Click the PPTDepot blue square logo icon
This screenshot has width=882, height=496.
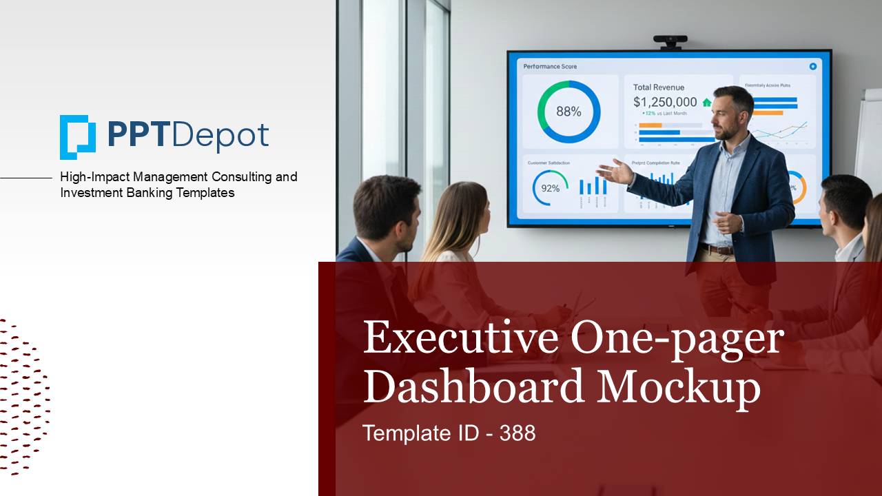pos(77,136)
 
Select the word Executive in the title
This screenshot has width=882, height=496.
pos(460,338)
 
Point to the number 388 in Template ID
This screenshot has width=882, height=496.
pos(517,433)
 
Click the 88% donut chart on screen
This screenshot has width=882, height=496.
pos(568,112)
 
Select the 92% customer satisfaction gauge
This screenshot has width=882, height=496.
pos(550,187)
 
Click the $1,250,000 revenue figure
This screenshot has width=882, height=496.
pos(665,102)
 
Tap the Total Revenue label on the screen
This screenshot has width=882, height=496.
pos(659,87)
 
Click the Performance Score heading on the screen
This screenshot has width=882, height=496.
pos(550,67)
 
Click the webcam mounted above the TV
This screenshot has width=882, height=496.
pos(670,42)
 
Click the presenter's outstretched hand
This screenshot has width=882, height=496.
pos(614,172)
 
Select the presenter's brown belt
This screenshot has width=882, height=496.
pos(717,249)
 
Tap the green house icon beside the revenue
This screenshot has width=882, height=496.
pos(706,103)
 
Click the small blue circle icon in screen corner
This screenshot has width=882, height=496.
pos(812,66)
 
